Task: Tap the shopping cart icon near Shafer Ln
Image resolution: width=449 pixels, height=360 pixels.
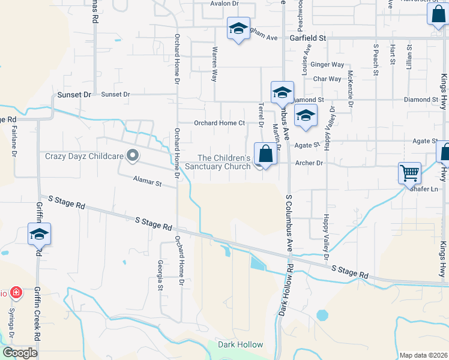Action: [x=409, y=173]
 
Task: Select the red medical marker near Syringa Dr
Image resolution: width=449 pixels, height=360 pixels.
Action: [x=16, y=293]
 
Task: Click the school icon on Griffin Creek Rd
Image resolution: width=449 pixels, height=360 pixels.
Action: [x=39, y=234]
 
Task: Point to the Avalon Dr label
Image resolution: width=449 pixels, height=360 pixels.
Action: [x=224, y=4]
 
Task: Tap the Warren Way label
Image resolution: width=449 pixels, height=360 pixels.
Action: [x=214, y=65]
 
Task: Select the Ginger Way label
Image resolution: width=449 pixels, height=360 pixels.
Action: [x=328, y=64]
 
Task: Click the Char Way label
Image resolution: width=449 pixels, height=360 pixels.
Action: [x=327, y=79]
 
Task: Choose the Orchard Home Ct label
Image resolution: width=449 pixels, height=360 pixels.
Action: [x=219, y=123]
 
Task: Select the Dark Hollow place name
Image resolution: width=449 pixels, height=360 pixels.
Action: [x=240, y=344]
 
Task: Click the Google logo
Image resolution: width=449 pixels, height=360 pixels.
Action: [x=20, y=352]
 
